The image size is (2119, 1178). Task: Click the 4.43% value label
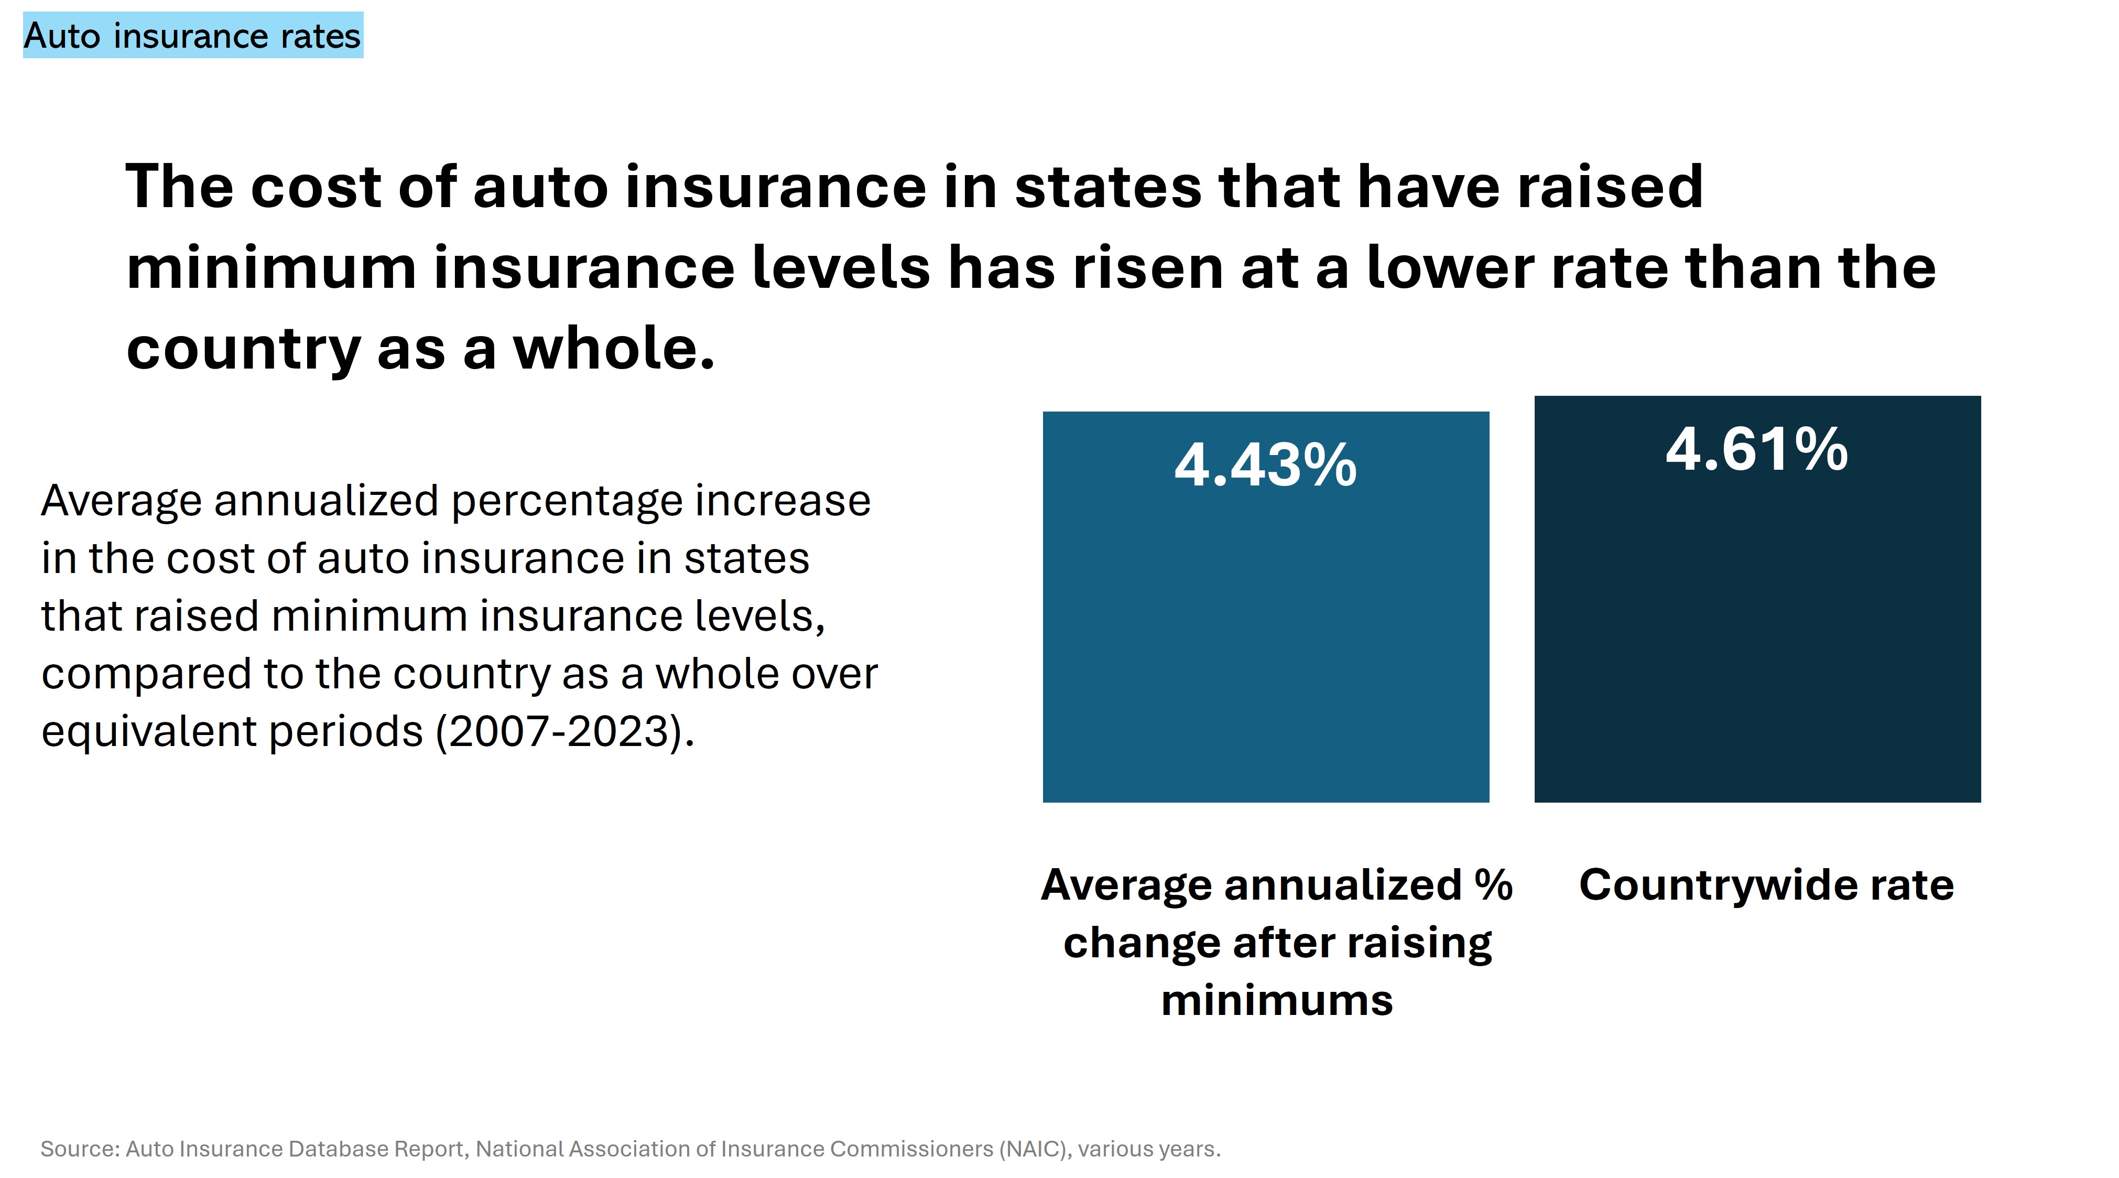tap(1265, 466)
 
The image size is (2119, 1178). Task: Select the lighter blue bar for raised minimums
tap(1265, 642)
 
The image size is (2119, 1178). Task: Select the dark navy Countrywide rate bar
tap(1756, 642)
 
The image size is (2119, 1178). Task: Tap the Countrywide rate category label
tap(1765, 885)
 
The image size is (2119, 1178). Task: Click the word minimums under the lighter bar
tap(1277, 1000)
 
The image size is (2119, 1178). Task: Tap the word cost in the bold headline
tap(315, 187)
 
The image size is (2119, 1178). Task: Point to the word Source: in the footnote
tap(80, 1149)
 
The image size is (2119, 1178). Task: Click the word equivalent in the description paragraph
tap(149, 730)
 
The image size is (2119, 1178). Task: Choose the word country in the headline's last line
tap(243, 349)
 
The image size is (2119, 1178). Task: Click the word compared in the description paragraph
tap(146, 673)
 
